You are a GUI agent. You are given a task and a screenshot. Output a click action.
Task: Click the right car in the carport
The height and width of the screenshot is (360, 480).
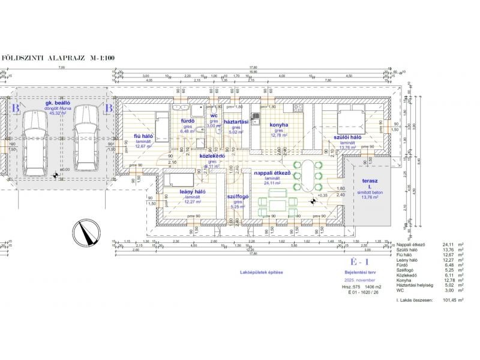86,142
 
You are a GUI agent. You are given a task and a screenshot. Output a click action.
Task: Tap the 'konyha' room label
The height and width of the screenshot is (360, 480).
279,125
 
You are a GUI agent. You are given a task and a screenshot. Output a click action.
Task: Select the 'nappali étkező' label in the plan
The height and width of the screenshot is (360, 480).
272,173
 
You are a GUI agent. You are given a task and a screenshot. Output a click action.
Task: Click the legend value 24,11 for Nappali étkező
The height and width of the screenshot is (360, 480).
449,245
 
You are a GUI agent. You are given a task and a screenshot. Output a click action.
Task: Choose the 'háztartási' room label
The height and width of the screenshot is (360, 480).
236,122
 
